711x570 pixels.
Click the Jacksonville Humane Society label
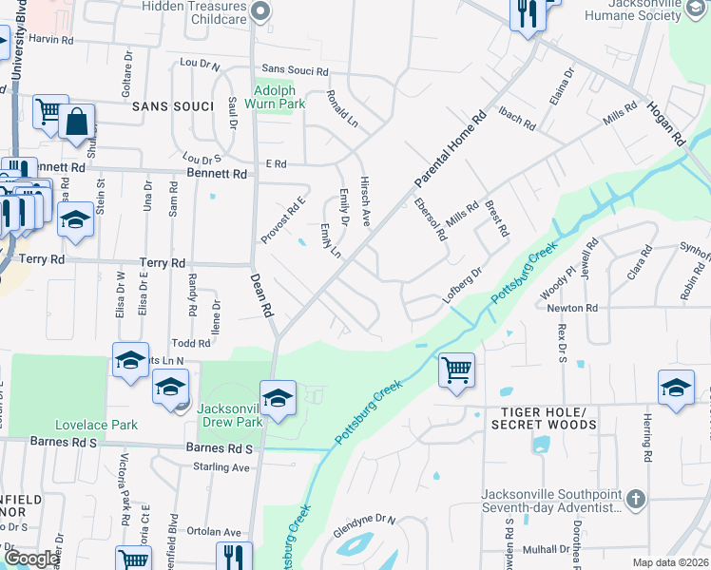pos(646,10)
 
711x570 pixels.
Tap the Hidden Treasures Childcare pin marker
pos(260,12)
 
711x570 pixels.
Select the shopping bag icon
pos(77,122)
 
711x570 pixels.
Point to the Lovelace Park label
pos(96,425)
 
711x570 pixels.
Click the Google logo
pos(30,559)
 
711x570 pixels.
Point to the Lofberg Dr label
pos(463,284)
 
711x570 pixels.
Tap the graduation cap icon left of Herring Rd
pos(676,388)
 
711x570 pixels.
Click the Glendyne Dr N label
pos(364,521)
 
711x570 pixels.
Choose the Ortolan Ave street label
pos(214,532)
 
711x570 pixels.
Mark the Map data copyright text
pos(669,562)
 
